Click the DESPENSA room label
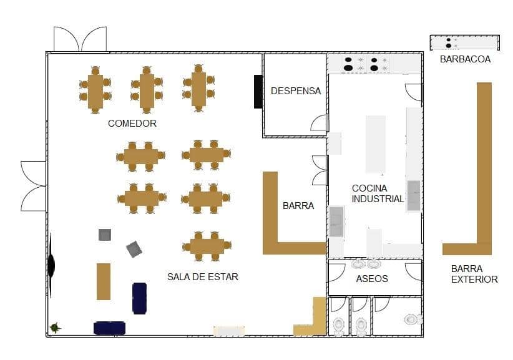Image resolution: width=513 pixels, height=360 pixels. [296, 91]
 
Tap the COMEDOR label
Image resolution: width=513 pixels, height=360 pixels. [132, 124]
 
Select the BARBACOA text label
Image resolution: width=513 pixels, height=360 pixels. [465, 59]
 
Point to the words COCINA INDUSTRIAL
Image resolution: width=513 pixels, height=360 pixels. [378, 193]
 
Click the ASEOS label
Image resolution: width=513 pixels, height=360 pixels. [372, 279]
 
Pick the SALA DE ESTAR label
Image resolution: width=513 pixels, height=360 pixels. [203, 277]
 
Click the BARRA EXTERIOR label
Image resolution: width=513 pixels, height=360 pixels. [474, 274]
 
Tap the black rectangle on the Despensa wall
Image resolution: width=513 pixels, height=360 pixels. [258, 92]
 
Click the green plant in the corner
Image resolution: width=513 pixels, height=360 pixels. [55, 328]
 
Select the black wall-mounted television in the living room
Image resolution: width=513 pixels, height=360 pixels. [51, 266]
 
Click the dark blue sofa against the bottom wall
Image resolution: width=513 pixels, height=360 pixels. [109, 328]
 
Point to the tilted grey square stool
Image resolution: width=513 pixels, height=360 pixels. [134, 249]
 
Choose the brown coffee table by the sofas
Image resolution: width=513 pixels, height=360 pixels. [104, 281]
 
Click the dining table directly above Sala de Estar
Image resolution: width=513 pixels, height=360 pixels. [207, 246]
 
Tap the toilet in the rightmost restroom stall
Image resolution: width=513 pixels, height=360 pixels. [411, 319]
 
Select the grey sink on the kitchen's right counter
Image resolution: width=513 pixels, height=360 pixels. [414, 195]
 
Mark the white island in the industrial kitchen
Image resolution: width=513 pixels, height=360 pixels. [376, 144]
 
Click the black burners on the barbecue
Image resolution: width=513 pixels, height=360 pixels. [449, 43]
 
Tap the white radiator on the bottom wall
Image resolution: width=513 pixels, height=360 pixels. [229, 331]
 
